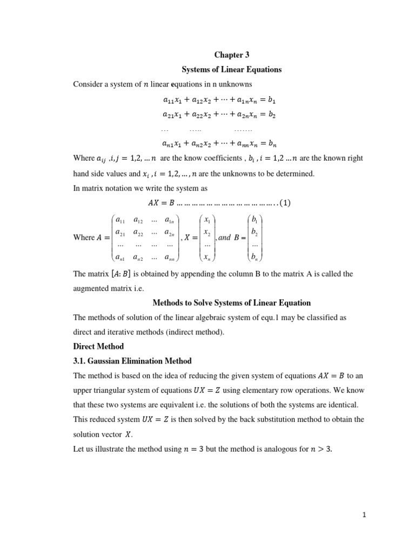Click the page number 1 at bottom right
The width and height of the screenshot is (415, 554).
tap(365, 516)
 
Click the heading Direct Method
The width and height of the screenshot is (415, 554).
tap(98, 346)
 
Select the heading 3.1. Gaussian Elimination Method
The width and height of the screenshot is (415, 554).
tap(132, 361)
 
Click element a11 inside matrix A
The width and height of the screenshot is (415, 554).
tap(121, 220)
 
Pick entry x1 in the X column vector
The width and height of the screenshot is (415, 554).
tap(207, 220)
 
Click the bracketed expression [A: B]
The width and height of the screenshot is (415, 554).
tap(125, 274)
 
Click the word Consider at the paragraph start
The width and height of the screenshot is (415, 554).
tap(88, 84)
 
